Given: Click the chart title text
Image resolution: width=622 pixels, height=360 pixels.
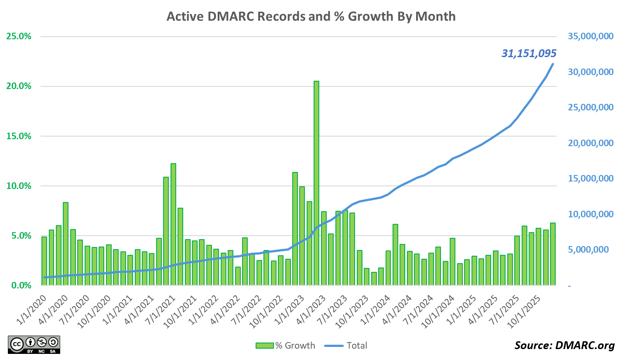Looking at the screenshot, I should [x=311, y=17].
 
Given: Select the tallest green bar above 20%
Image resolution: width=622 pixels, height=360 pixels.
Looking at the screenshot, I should [x=316, y=183].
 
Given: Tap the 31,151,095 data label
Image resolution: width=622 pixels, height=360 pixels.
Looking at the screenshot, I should [x=529, y=54].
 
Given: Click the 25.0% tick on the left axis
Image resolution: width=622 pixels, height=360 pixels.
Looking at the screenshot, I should [x=20, y=36].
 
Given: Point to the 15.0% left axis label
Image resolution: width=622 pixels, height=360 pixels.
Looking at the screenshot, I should [x=20, y=136].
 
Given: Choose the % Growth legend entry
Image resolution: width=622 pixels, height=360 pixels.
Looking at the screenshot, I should [x=285, y=346].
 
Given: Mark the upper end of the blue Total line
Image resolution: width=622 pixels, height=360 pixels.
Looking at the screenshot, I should [x=553, y=64].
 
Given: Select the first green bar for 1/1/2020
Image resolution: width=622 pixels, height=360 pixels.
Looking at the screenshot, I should [x=44, y=261].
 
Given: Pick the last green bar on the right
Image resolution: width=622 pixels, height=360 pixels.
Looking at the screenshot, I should [x=553, y=254].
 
